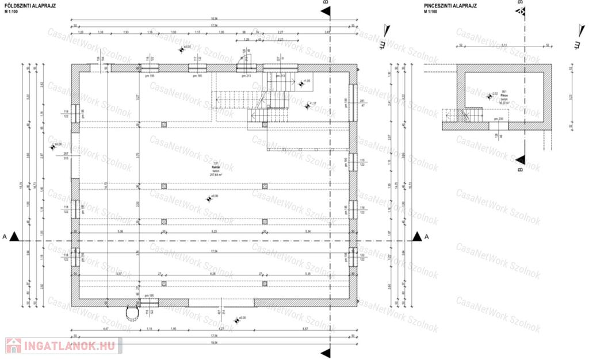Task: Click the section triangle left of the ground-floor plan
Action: [14, 236]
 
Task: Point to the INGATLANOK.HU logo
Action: [62, 346]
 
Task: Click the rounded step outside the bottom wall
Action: [133, 312]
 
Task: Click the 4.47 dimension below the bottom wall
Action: [106, 329]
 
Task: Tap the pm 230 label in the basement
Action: [498, 119]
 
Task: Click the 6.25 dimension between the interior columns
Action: [214, 231]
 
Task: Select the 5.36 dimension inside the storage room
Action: [120, 231]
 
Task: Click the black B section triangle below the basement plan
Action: [521, 160]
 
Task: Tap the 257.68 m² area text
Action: [216, 175]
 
